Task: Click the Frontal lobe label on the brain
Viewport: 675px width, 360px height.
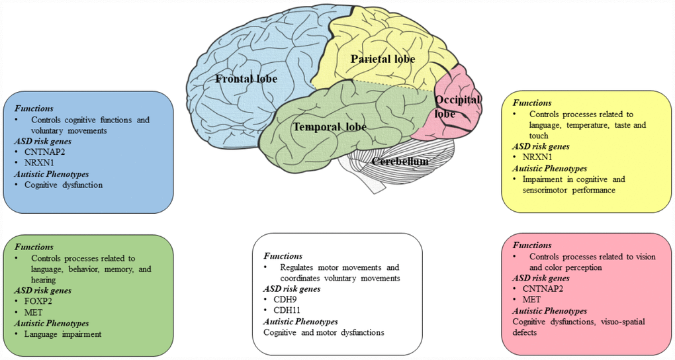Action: pyautogui.click(x=246, y=79)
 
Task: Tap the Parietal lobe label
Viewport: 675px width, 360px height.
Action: pyautogui.click(x=382, y=60)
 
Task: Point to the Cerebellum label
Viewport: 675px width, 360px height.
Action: pyautogui.click(x=399, y=161)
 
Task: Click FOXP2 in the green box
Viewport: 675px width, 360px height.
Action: pyautogui.click(x=40, y=301)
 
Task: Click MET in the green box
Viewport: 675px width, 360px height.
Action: pyautogui.click(x=34, y=312)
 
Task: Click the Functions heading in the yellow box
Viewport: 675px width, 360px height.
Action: pyautogui.click(x=531, y=103)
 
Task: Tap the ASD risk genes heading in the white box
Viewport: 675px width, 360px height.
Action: pyautogui.click(x=292, y=289)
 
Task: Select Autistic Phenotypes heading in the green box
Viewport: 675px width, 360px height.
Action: pyautogui.click(x=52, y=323)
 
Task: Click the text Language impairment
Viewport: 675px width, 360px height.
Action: pyautogui.click(x=63, y=334)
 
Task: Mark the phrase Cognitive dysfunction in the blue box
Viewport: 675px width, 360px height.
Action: pyautogui.click(x=64, y=185)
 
